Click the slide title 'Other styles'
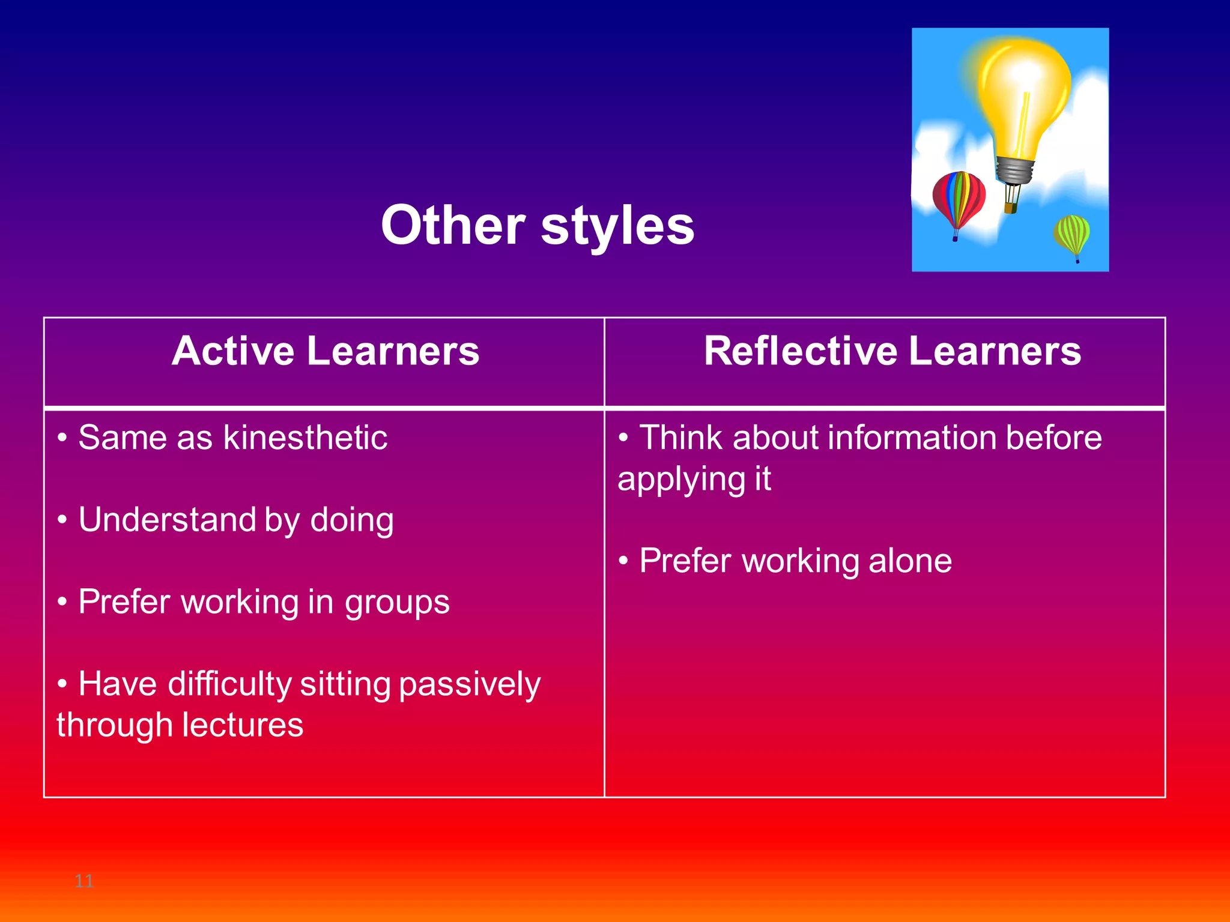[538, 226]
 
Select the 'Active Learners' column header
[326, 351]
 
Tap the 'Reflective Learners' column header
[892, 351]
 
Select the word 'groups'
[397, 602]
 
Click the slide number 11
[84, 881]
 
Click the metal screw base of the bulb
[1014, 170]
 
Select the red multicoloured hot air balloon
[959, 198]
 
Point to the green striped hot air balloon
[1071, 234]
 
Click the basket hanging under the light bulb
[1011, 208]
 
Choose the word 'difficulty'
[229, 684]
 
